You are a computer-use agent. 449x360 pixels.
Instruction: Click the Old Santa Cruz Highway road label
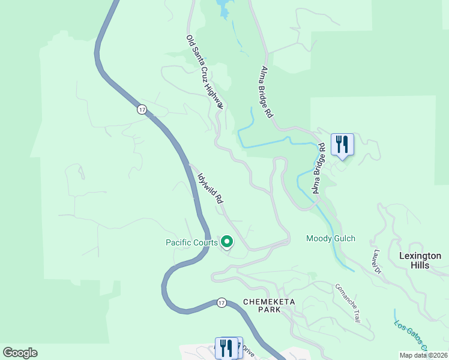pos(205,71)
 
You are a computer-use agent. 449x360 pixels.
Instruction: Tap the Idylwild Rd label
pos(211,188)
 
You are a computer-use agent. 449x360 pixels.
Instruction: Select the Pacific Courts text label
pos(191,242)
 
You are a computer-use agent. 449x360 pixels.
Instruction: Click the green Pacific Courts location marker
pos(227,242)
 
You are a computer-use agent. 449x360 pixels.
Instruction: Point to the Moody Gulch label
pos(331,238)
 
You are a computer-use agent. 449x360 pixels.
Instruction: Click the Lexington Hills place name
pos(420,260)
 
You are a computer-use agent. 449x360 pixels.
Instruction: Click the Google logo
pos(20,353)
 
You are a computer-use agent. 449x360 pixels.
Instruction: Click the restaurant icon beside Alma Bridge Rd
pos(342,144)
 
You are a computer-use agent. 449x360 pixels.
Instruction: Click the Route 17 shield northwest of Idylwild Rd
pos(141,109)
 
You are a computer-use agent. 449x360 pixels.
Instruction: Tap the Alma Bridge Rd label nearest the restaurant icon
pos(318,167)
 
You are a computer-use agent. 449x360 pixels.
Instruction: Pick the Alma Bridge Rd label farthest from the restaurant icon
pos(267,91)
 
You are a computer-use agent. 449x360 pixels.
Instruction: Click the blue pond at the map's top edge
pos(223,8)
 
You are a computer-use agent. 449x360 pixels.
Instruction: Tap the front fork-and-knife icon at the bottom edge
pos(227,347)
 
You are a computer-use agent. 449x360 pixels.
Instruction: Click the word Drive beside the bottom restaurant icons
pos(248,352)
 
